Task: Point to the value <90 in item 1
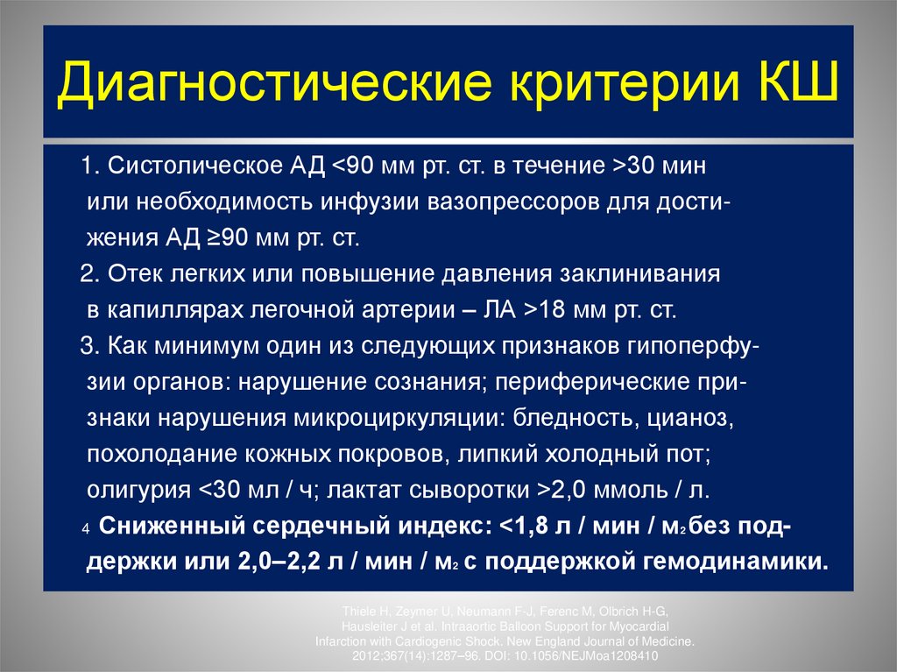tap(355, 166)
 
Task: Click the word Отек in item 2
tap(134, 274)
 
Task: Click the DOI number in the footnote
tap(596, 655)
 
